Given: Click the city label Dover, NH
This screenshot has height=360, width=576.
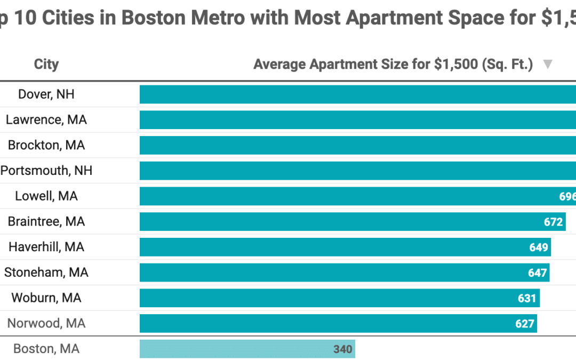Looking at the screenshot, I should point(46,94).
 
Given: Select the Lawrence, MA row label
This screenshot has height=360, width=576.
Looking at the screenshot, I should point(46,119).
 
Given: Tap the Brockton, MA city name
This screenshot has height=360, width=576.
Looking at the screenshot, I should point(46,145).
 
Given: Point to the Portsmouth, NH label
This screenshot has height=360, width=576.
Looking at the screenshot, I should point(46,171).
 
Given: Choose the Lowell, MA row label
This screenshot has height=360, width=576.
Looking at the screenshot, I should point(46,196).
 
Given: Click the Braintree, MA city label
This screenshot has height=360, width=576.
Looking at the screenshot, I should point(46,221).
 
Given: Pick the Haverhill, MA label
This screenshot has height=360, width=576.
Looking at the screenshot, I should point(46,247).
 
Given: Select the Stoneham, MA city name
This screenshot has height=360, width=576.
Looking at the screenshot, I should point(46,273).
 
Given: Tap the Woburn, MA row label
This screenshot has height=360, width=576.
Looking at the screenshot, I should point(46,298).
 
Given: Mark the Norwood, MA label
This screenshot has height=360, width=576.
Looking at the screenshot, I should point(46,323).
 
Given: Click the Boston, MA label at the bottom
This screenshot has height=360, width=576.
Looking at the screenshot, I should point(46,349).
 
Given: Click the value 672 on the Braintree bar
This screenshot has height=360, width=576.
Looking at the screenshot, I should point(554,222).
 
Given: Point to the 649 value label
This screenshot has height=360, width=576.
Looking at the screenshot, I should point(539,247).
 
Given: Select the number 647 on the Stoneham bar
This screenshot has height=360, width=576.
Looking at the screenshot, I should point(538,273).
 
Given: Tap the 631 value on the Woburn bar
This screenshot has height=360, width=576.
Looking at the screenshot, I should point(527,298).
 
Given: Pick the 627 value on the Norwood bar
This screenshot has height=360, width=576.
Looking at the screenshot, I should point(525,324).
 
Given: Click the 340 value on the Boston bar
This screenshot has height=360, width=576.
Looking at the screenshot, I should point(343,349).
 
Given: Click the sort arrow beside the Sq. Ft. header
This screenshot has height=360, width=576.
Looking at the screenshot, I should point(547,65).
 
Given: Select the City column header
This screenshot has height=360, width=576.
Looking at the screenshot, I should point(46,65).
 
